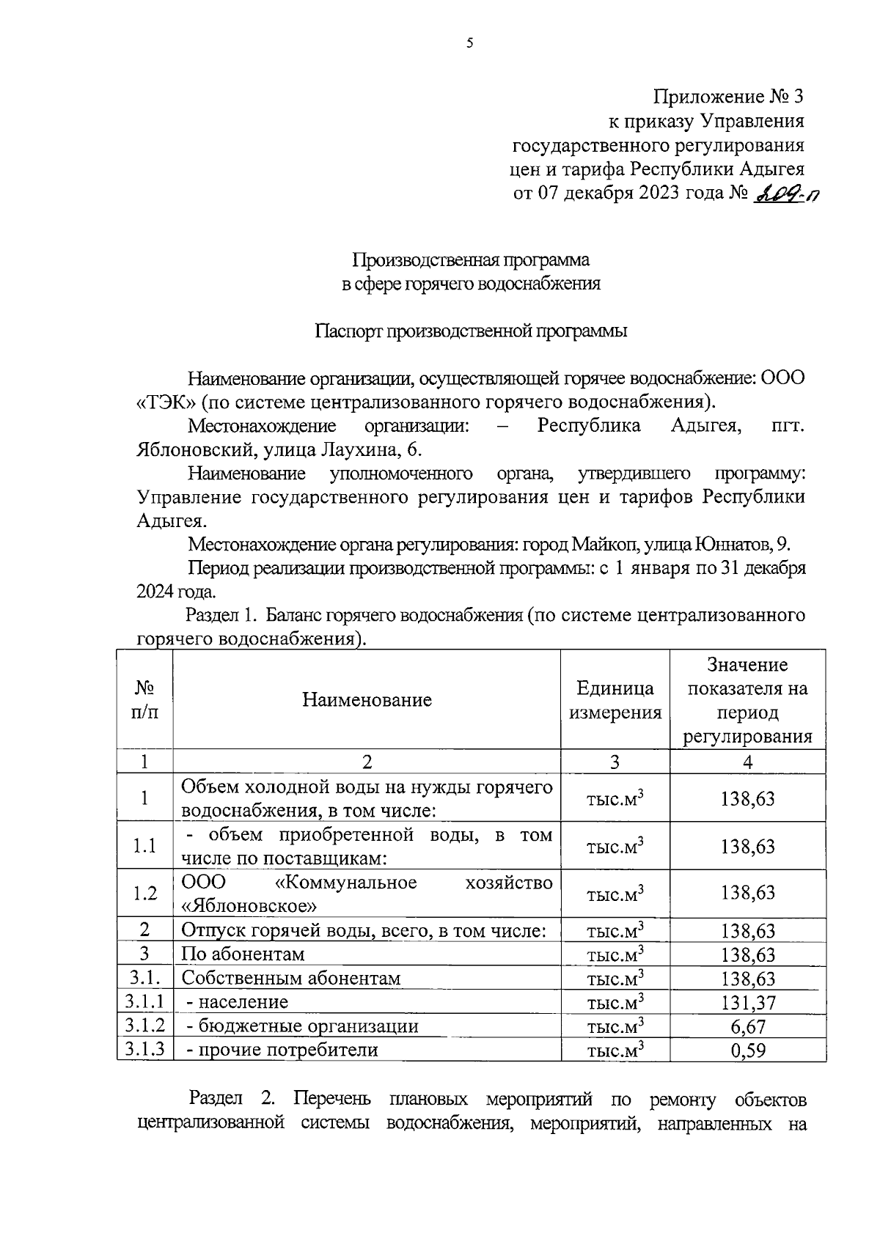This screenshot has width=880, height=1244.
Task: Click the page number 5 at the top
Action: point(470,43)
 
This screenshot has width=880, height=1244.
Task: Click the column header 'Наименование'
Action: point(367,699)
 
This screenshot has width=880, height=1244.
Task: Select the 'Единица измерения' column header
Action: point(615,700)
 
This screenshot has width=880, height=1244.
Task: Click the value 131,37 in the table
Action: point(747,1002)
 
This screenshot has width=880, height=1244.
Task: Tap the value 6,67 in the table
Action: point(747,1026)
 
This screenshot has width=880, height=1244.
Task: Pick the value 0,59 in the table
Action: point(747,1050)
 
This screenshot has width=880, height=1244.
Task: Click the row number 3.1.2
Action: point(144,1026)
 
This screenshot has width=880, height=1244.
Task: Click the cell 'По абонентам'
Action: point(243,954)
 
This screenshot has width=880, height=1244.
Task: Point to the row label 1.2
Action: point(144,893)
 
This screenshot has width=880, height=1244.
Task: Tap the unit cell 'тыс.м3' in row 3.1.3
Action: point(615,1050)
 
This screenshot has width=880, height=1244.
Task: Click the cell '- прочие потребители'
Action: point(282,1050)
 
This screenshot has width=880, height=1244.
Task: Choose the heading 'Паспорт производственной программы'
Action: point(471,331)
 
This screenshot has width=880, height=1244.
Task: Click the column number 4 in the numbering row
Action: point(747,762)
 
